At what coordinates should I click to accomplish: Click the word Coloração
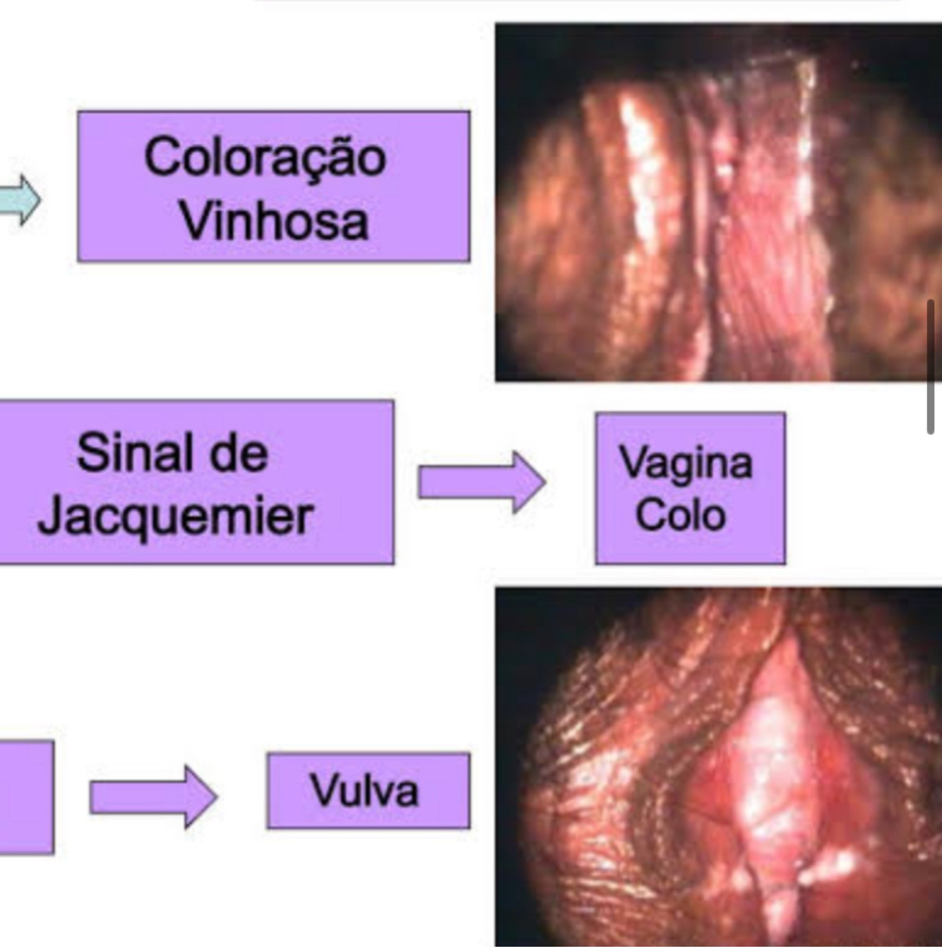pos(265,157)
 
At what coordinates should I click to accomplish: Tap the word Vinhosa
pos(273,220)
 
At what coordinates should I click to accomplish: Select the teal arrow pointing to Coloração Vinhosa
pos(21,200)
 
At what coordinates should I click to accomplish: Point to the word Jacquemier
pos(175,517)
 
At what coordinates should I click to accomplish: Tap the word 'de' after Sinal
pos(240,453)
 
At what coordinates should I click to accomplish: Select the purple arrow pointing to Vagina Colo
pos(481,482)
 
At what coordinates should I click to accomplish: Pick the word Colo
pos(680,515)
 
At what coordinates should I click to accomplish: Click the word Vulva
pos(364,790)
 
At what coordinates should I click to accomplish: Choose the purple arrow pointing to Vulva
pos(153,796)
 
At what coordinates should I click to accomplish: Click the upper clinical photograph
pos(717,203)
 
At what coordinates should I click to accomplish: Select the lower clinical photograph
pos(717,766)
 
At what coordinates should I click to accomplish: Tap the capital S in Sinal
pos(91,453)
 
